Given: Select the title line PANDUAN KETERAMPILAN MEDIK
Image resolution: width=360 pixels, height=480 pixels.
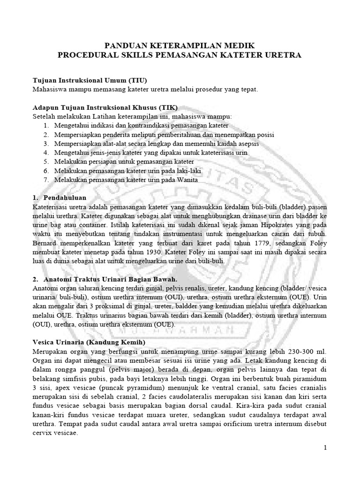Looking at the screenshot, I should tap(179, 45).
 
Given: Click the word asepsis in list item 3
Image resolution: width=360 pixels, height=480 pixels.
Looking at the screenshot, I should tap(247, 143).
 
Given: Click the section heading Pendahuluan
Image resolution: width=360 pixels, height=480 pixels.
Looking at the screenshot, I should tap(65, 197).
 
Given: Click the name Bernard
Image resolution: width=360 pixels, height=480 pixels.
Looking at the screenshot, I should tap(46, 243).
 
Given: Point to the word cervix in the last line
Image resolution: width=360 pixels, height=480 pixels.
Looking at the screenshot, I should tap(44, 434).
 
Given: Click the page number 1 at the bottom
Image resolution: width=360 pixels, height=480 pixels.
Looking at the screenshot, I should tap(325, 448).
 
